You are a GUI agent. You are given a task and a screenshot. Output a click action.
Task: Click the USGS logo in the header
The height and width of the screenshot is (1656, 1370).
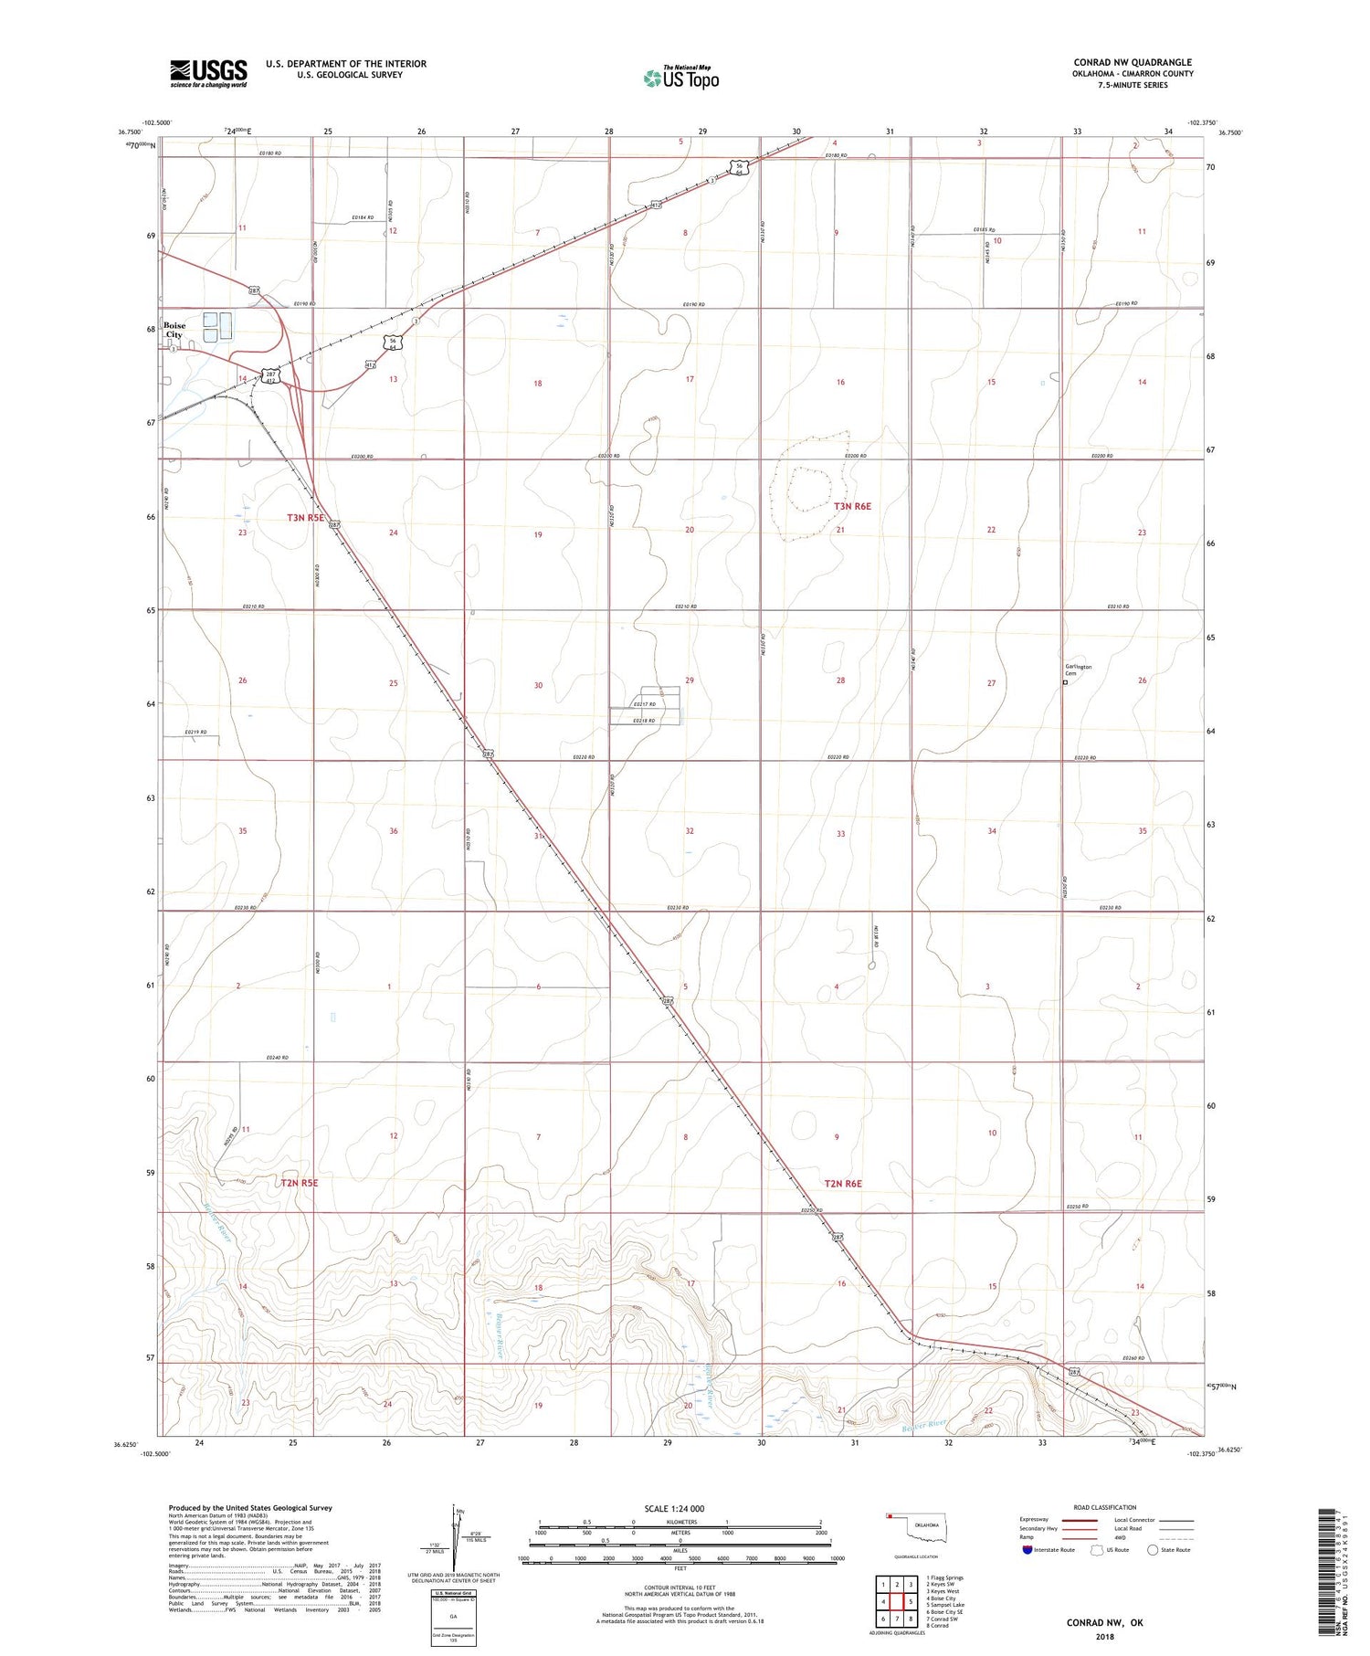(x=208, y=73)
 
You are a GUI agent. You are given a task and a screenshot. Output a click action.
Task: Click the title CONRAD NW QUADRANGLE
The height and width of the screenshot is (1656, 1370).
(x=1133, y=62)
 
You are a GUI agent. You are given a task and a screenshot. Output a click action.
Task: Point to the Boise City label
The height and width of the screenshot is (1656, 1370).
(x=174, y=330)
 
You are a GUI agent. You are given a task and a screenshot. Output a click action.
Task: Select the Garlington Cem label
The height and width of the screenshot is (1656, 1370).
(x=1078, y=670)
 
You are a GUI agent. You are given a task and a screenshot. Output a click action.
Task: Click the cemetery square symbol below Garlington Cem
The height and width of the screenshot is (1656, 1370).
(x=1065, y=681)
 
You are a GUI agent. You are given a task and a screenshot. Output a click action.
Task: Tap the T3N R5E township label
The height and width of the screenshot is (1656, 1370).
(x=306, y=518)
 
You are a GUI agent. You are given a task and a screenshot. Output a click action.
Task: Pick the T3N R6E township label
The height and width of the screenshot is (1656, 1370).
(x=852, y=506)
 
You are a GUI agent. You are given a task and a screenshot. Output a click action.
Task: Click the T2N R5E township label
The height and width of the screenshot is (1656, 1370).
(x=299, y=1183)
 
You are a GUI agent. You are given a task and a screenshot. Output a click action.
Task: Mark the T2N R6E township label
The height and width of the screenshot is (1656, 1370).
(x=843, y=1184)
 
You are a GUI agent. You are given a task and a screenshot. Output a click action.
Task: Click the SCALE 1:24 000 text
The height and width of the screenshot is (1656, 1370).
(x=680, y=1508)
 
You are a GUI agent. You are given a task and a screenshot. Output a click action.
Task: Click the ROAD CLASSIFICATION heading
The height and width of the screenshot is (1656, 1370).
(x=1105, y=1507)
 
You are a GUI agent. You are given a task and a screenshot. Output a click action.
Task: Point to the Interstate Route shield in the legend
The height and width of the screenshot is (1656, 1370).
(x=1028, y=1550)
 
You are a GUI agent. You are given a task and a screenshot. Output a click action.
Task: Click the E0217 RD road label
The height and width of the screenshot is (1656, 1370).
(x=645, y=704)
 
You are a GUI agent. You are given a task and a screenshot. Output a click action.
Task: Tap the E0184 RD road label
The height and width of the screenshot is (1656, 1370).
(x=363, y=217)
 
